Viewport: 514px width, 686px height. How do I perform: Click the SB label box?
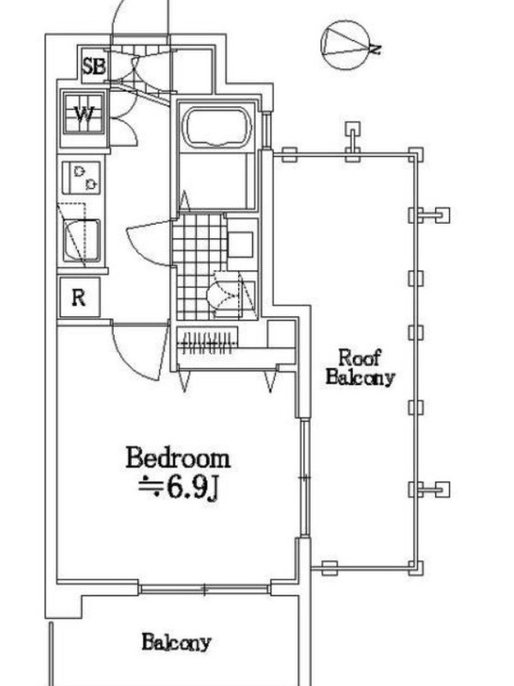pos(94,66)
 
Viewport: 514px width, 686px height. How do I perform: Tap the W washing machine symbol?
pos(83,114)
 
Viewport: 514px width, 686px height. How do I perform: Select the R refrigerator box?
pos(80,298)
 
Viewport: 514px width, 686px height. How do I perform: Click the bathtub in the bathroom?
pos(218,127)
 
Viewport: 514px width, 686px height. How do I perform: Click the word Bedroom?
pos(178,458)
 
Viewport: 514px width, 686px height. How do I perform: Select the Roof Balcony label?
pos(360,368)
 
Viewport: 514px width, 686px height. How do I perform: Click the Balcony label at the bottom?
pos(176,641)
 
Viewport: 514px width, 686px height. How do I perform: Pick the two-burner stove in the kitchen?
pos(81,178)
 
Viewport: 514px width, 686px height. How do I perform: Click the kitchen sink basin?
pos(81,241)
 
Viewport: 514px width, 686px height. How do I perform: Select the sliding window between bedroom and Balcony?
pos(204,589)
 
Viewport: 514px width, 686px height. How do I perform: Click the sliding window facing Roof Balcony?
pos(305,478)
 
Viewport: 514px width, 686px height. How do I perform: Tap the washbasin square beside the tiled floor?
pos(240,244)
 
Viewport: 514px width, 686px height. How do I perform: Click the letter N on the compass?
pos(375,49)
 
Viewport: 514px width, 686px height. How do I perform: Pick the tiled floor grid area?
pos(200,267)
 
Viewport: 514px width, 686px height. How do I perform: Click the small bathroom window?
pos(266,129)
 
